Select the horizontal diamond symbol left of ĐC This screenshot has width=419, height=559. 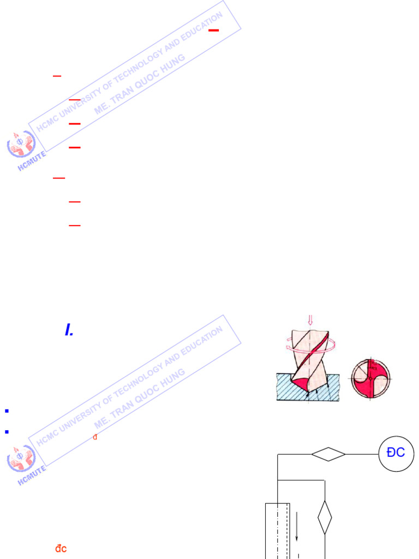click(x=328, y=454)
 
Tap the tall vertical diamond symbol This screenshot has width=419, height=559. click(x=325, y=517)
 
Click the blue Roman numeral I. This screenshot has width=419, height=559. click(x=69, y=330)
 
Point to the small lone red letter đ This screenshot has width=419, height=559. click(x=95, y=437)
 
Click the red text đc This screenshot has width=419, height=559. click(x=61, y=548)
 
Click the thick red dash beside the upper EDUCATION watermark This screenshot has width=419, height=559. click(x=213, y=31)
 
